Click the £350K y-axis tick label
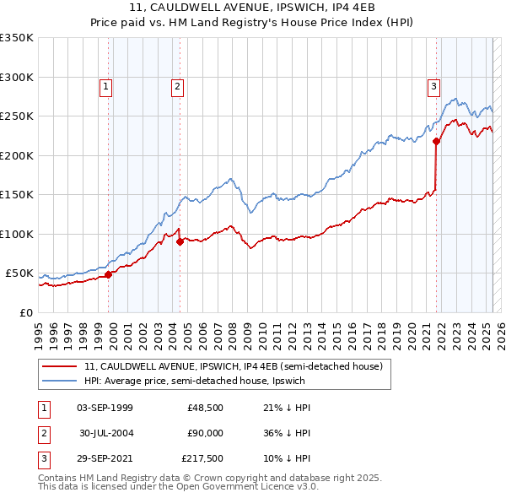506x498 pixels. pyautogui.click(x=17, y=38)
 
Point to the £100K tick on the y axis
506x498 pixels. pyautogui.click(x=17, y=234)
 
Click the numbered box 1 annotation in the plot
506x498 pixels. pyautogui.click(x=106, y=85)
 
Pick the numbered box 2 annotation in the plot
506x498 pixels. pyautogui.click(x=178, y=85)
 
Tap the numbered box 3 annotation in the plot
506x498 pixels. pyautogui.click(x=433, y=85)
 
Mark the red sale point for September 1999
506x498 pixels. pyautogui.click(x=109, y=274)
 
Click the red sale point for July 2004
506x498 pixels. pyautogui.click(x=180, y=241)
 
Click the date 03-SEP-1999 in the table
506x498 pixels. pyautogui.click(x=105, y=408)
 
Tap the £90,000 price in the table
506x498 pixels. pyautogui.click(x=206, y=434)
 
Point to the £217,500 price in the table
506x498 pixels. pyautogui.click(x=202, y=460)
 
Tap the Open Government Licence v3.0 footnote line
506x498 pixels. pyautogui.click(x=179, y=487)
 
